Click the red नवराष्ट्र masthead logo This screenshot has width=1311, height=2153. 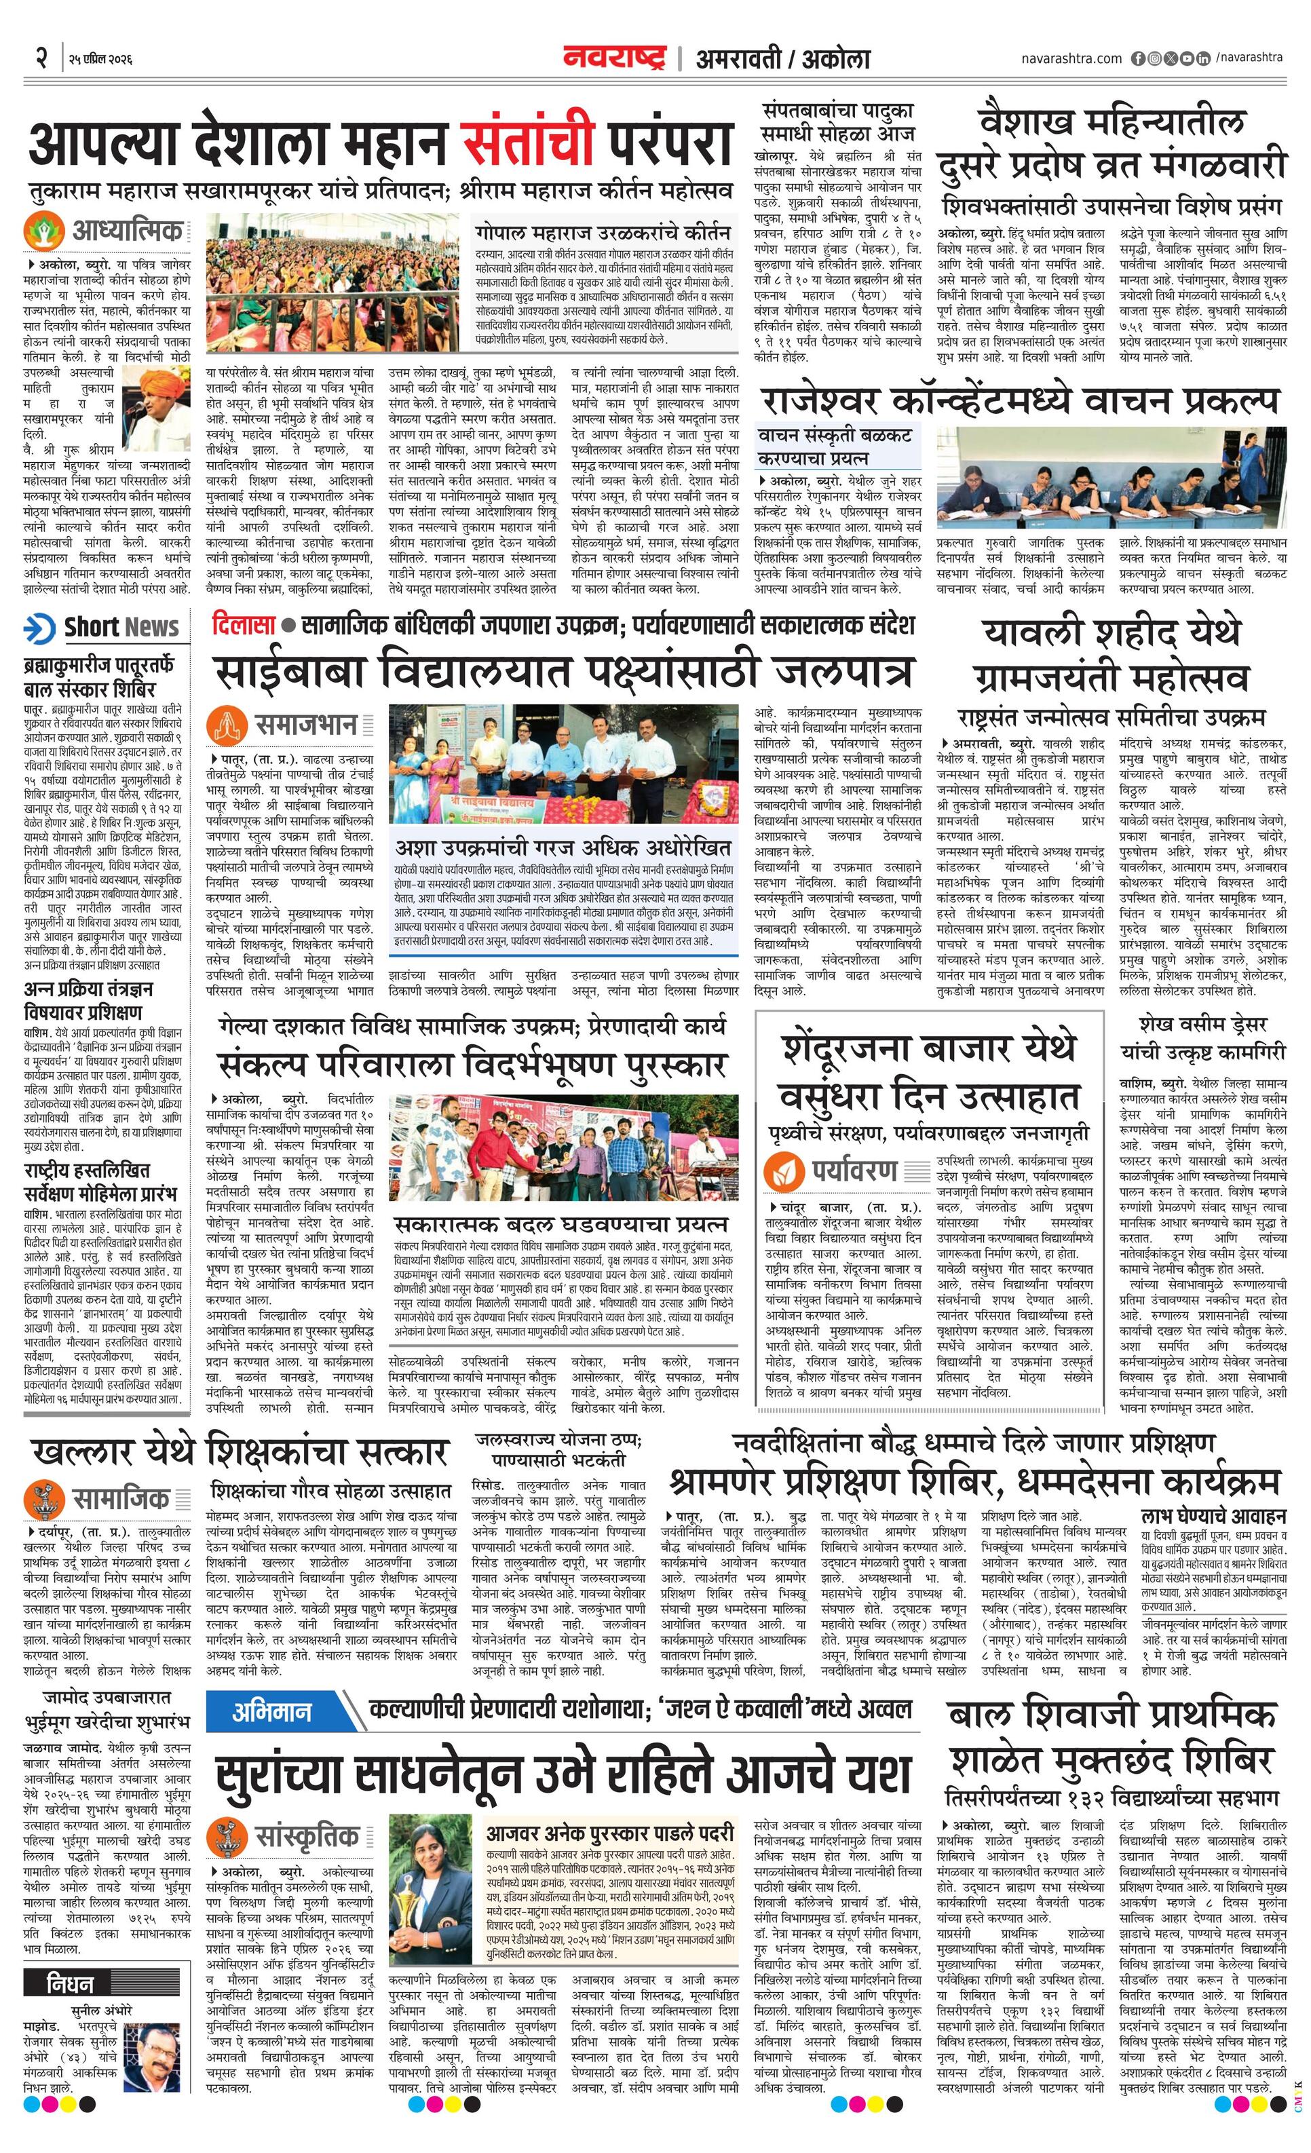click(613, 58)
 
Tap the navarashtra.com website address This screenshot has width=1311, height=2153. click(1071, 58)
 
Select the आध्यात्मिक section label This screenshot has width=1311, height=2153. click(128, 231)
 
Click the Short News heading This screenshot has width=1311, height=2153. click(121, 626)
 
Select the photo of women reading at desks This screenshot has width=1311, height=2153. click(1110, 477)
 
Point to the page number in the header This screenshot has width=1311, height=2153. click(40, 58)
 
